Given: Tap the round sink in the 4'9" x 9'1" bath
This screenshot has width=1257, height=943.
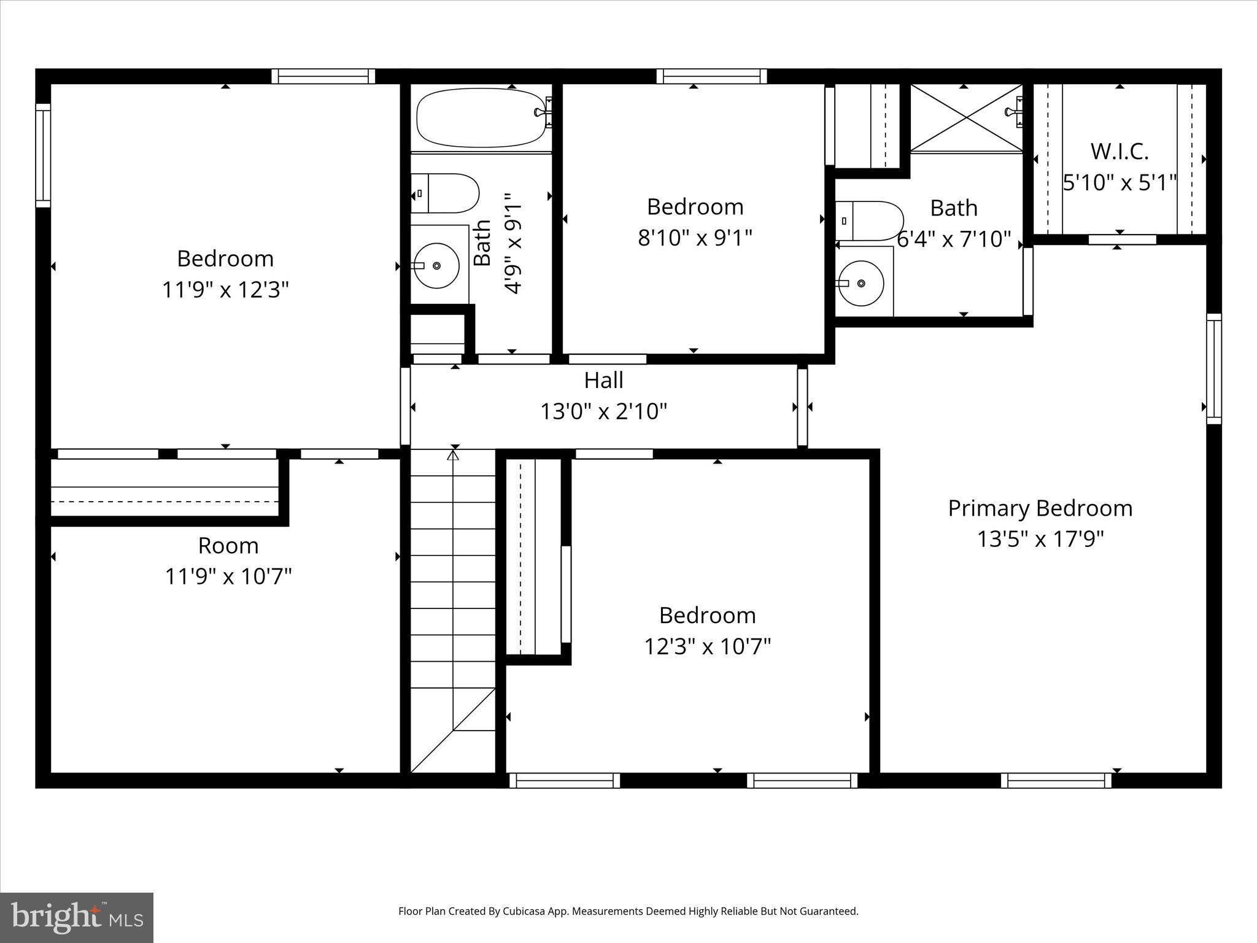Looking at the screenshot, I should [x=436, y=266].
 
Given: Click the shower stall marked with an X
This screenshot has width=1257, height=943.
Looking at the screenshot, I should [x=966, y=117].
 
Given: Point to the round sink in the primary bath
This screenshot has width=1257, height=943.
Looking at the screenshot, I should [x=861, y=283].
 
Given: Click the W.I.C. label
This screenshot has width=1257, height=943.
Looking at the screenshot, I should [x=1120, y=152].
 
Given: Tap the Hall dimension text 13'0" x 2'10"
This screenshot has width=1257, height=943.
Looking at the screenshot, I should [x=603, y=411].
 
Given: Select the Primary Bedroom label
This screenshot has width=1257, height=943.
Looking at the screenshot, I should [x=1040, y=508].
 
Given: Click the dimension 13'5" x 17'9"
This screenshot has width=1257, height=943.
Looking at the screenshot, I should [x=1040, y=539].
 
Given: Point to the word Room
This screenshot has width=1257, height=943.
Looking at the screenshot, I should [x=228, y=546].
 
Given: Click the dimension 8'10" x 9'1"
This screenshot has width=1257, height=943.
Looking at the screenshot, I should [x=695, y=238].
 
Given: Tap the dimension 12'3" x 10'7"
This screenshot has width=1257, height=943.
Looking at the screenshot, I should [x=707, y=646].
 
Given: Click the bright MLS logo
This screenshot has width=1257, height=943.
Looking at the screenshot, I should [x=77, y=917].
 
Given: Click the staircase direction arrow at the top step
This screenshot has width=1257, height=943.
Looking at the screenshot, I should [x=453, y=455].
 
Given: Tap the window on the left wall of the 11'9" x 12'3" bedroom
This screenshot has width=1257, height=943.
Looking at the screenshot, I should [x=43, y=155].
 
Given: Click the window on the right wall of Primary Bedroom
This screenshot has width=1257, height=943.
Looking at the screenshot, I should [x=1213, y=368].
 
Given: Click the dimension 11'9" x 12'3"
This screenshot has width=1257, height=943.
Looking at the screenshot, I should [x=225, y=289].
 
